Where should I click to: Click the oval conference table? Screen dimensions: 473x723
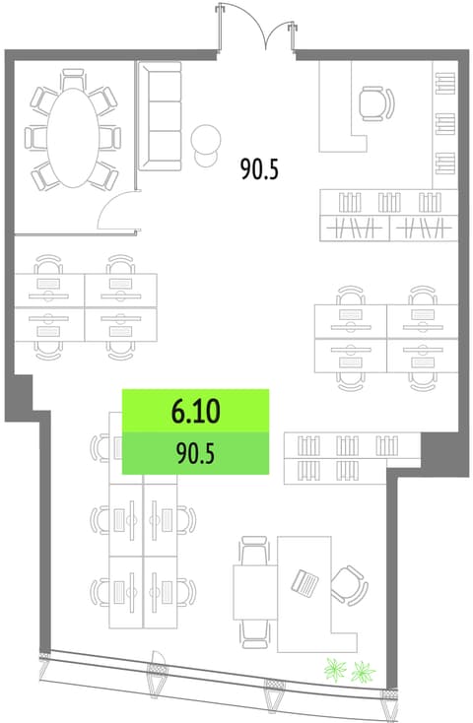point(73,137)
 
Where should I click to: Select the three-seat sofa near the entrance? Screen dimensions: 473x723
point(160,116)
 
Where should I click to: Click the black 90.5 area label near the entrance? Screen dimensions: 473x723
point(259,168)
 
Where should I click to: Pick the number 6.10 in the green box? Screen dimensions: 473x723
point(196,412)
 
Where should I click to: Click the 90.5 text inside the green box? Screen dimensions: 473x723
point(196,454)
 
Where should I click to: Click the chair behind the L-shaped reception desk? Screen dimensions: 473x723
point(377,104)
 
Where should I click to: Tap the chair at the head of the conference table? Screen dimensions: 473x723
point(73,79)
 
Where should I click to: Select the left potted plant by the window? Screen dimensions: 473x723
point(335,669)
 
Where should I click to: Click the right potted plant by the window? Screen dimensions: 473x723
point(363,673)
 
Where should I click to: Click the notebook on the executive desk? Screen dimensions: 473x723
point(305,582)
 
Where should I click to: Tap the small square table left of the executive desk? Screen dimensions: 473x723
point(255,592)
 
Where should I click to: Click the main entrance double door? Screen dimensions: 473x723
point(257,28)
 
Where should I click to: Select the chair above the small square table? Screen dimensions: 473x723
point(254,550)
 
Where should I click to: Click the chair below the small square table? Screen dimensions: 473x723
point(254,634)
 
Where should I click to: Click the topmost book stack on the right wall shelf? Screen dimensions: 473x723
point(445,83)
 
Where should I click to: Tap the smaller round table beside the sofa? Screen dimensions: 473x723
point(206,159)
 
